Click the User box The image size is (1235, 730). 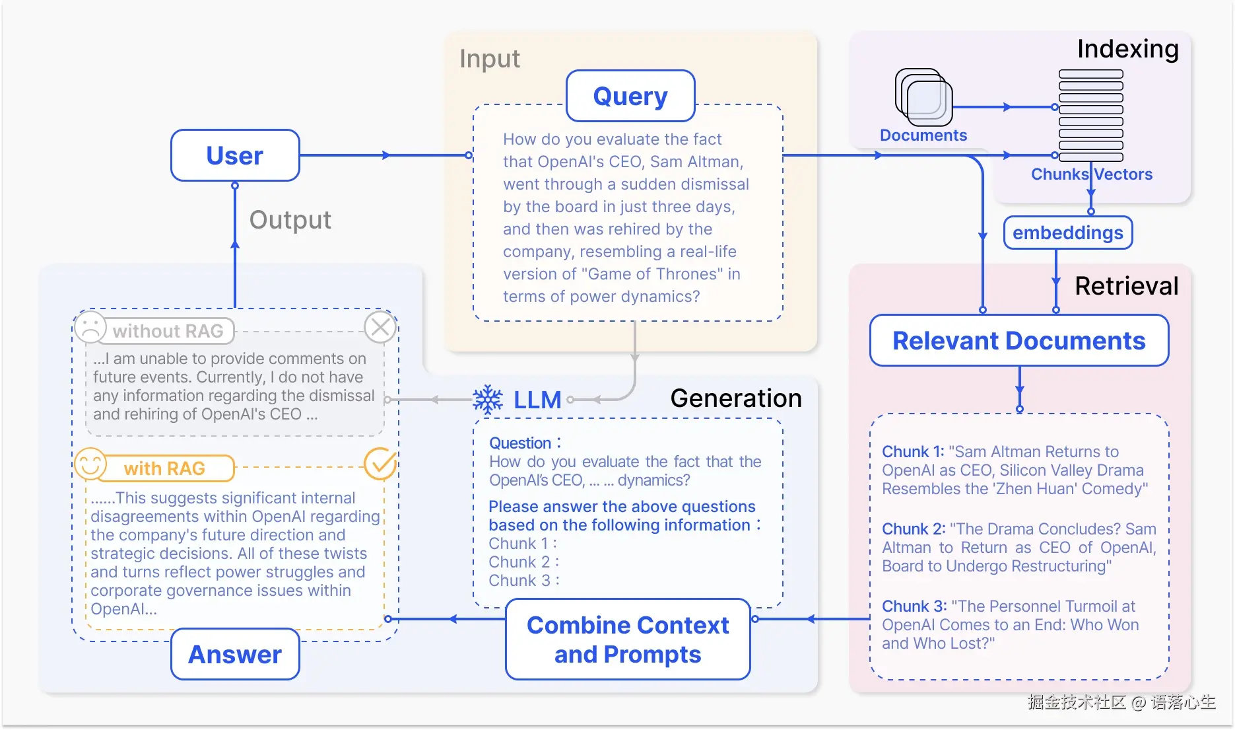point(235,155)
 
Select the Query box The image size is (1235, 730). point(630,96)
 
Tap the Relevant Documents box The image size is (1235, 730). point(1018,340)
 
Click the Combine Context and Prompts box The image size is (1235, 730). point(628,639)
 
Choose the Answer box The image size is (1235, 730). point(235,654)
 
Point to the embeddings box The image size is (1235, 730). point(1067,233)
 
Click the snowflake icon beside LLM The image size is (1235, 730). point(488,400)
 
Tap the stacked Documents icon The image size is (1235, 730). point(923,97)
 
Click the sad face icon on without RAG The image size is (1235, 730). point(90,326)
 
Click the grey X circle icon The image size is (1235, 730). point(380,327)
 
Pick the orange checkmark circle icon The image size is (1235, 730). point(380,464)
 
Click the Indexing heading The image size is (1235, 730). point(1127,49)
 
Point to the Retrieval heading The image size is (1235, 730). point(1126,286)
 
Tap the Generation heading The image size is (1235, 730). point(736,398)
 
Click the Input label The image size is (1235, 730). point(490,59)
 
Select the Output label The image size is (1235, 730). point(290,220)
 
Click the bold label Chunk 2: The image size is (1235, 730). point(914,529)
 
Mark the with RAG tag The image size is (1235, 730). point(165,468)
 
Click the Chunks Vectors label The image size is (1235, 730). point(1092,174)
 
